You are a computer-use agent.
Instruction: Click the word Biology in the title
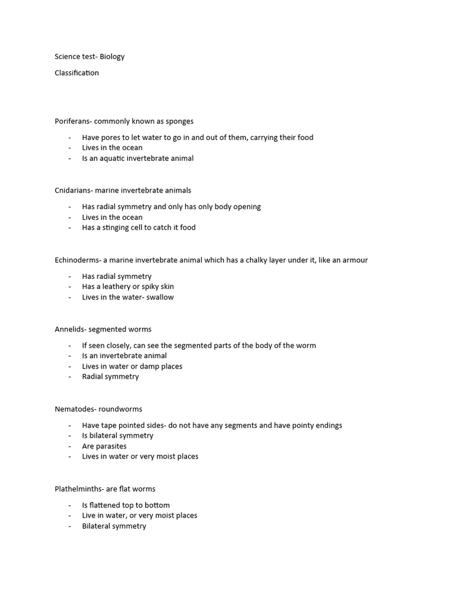click(x=112, y=57)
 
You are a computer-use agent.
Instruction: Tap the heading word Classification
click(x=77, y=73)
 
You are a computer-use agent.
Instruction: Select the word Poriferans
click(x=73, y=121)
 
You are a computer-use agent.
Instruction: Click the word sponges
click(x=179, y=121)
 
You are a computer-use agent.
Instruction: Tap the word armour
click(x=354, y=260)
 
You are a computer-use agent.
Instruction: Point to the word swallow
click(x=160, y=297)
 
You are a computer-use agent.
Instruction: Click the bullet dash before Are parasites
click(x=69, y=446)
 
